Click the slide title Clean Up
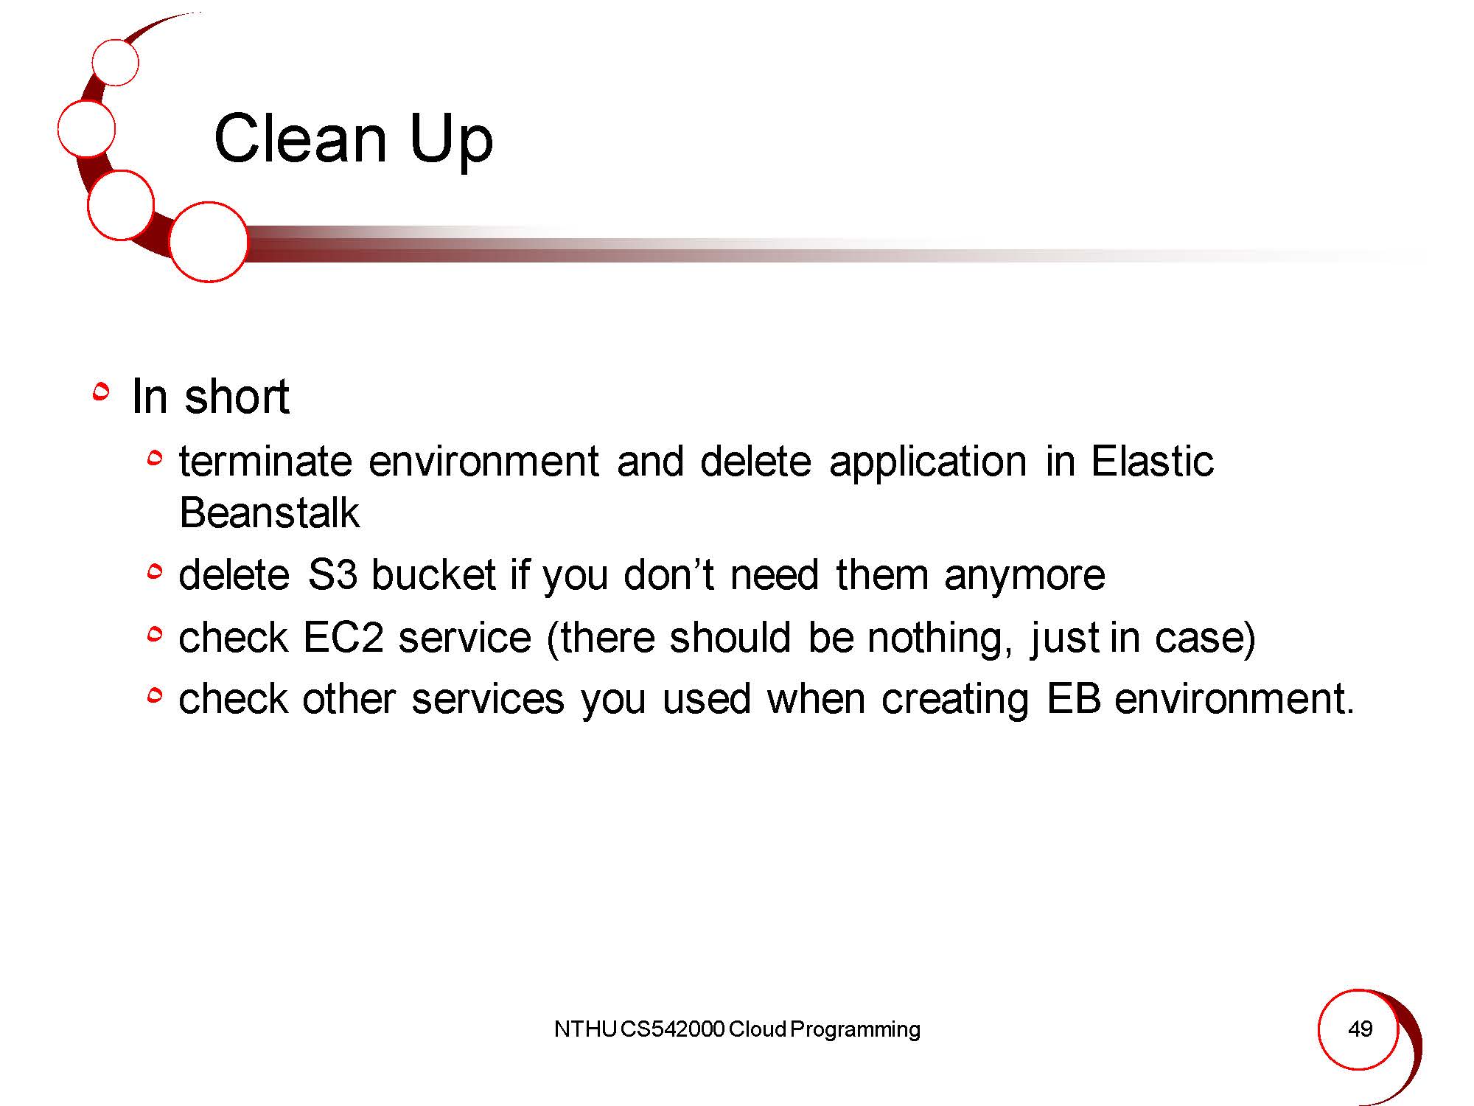tap(353, 140)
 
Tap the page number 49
tap(1360, 1029)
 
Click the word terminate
tap(265, 462)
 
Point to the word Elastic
tap(1152, 462)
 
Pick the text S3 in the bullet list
tap(332, 574)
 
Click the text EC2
tap(343, 637)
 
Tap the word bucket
tap(433, 574)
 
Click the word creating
tap(955, 700)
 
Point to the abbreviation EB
tap(1074, 698)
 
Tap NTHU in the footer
tap(585, 1029)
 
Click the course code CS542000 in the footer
tap(673, 1029)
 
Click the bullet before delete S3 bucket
tap(154, 571)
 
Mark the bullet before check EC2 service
tap(154, 633)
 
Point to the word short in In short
tap(237, 397)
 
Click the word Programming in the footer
tap(855, 1030)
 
